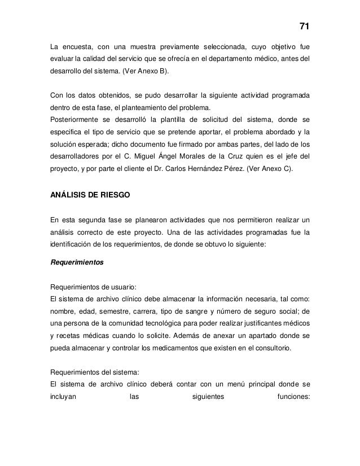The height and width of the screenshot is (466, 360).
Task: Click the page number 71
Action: pyautogui.click(x=304, y=27)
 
